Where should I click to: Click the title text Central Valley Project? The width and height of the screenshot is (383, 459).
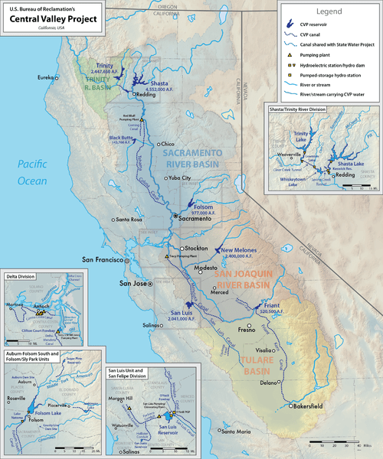(x=45, y=19)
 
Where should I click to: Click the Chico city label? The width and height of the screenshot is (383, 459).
(x=170, y=144)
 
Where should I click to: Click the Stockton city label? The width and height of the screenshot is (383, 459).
(x=195, y=249)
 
